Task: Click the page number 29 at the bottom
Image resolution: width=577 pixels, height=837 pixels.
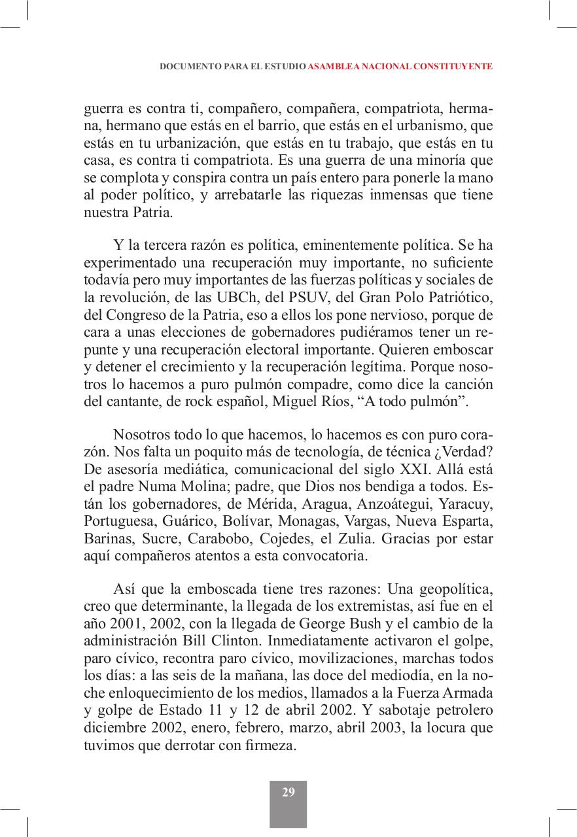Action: (288, 793)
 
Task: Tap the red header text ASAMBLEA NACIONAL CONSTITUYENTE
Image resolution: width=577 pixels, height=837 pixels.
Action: (400, 67)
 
